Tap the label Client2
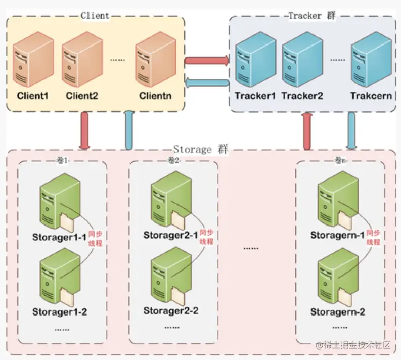pyautogui.click(x=81, y=96)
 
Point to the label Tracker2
pyautogui.click(x=302, y=96)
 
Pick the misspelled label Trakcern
pyautogui.click(x=371, y=96)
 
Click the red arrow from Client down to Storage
pyautogui.click(x=84, y=130)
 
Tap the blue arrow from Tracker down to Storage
pyautogui.click(x=350, y=130)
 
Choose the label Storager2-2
pyautogui.click(x=171, y=310)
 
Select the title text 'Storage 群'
pyautogui.click(x=200, y=150)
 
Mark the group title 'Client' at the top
pyautogui.click(x=95, y=15)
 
